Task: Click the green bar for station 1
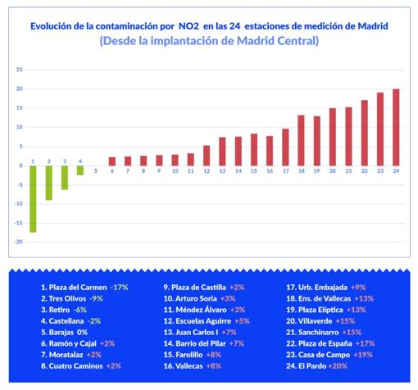click(33, 199)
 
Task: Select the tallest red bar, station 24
click(396, 127)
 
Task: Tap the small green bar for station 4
click(80, 170)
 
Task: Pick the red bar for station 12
click(207, 156)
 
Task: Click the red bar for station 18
click(301, 140)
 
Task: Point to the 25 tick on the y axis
click(19, 70)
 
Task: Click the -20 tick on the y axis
click(18, 242)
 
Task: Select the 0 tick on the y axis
click(20, 166)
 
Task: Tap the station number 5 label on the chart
click(96, 171)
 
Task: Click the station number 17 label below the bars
click(285, 171)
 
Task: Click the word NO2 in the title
click(189, 26)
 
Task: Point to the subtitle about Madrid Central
click(209, 41)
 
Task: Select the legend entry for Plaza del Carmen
click(84, 288)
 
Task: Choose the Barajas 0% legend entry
click(64, 333)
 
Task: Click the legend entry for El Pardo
click(316, 366)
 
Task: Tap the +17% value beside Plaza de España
click(365, 343)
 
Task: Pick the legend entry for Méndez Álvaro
click(204, 310)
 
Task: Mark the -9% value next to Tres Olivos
click(96, 299)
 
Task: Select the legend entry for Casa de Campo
click(329, 355)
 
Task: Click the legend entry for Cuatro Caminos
click(81, 366)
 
